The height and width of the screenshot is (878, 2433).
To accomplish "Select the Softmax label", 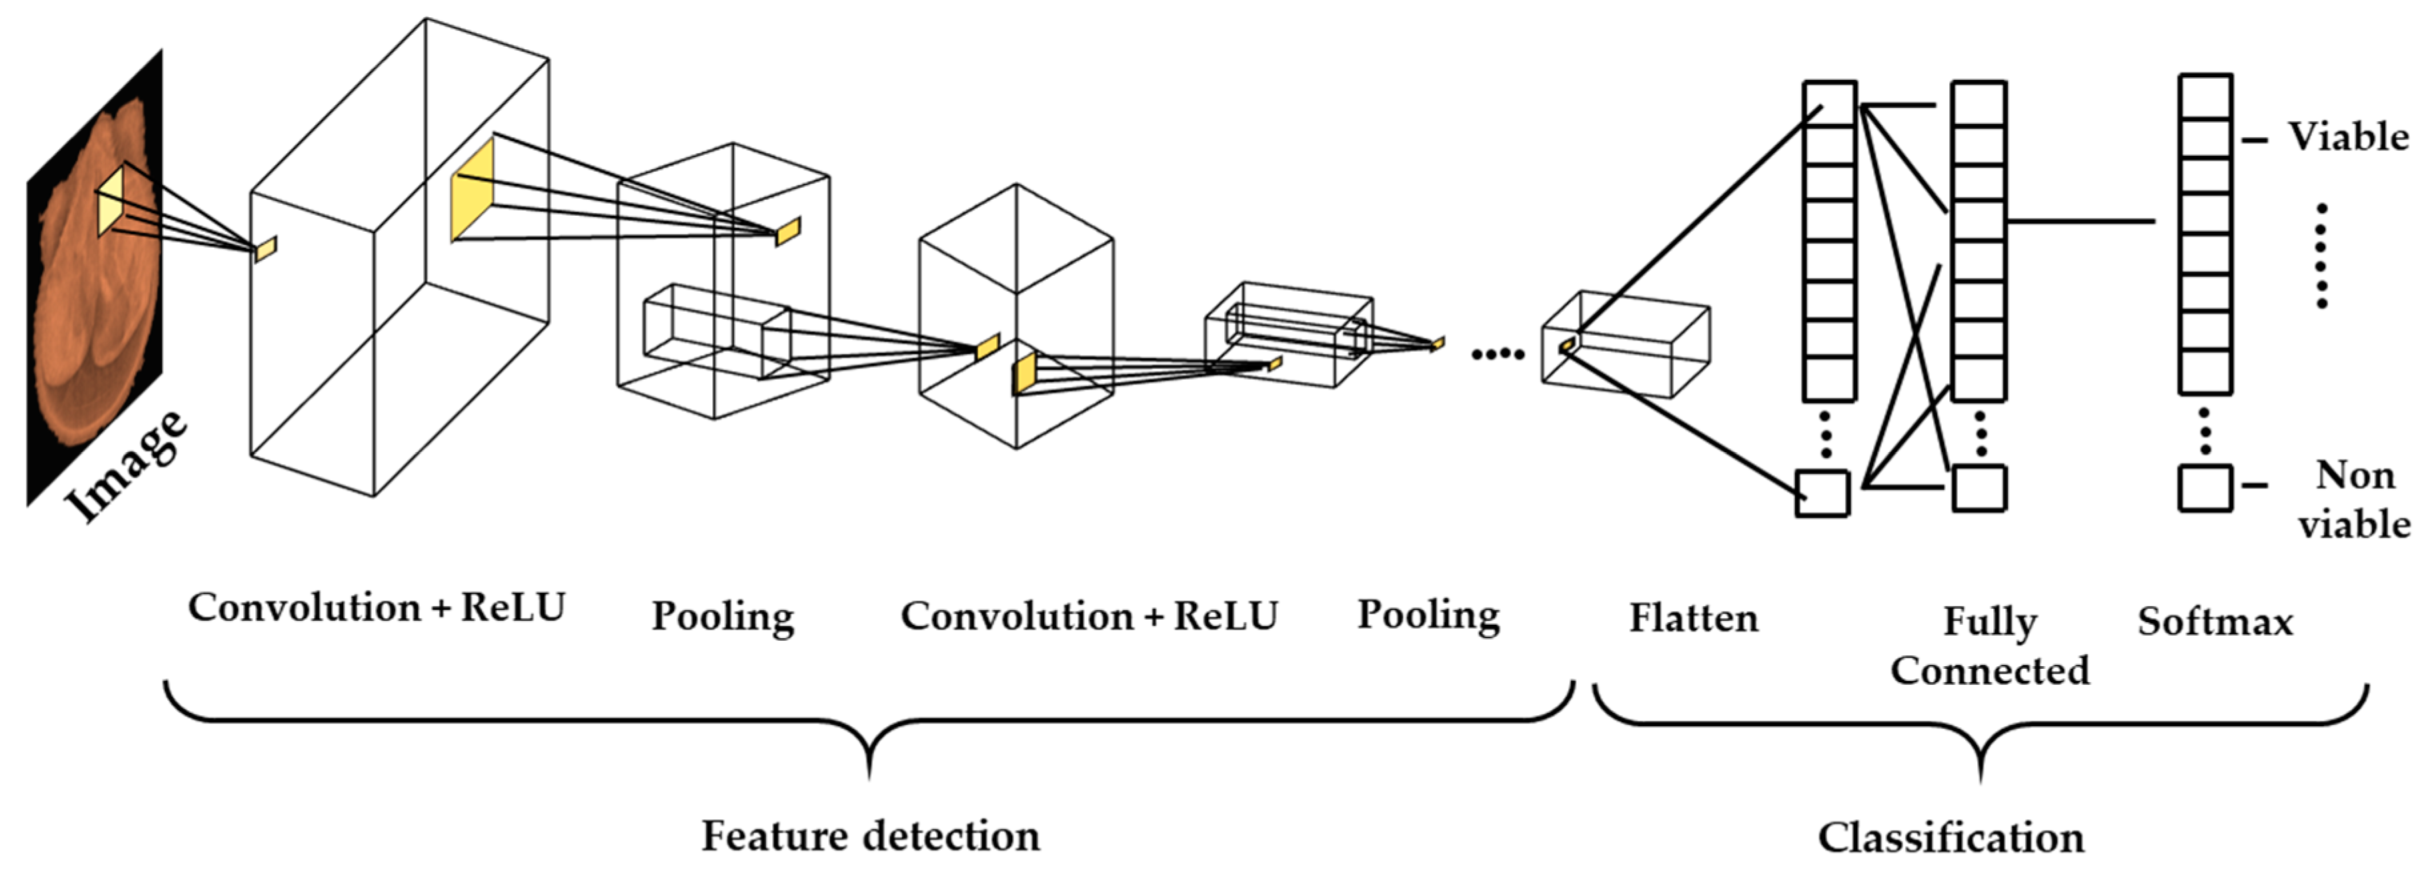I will (x=2215, y=622).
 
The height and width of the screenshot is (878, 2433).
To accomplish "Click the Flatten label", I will (x=1693, y=618).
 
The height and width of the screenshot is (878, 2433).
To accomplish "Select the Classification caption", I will (x=1951, y=837).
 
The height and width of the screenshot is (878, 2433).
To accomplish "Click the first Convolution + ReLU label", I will (x=376, y=607).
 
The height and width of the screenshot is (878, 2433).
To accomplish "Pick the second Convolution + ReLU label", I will (x=1088, y=616).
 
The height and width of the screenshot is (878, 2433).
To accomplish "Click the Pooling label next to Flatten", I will (x=1428, y=615).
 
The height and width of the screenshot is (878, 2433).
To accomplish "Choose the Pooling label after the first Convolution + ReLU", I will (x=722, y=616).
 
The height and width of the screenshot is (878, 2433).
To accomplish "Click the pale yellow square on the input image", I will (x=111, y=202).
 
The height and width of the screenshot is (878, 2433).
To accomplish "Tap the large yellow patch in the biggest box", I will (x=472, y=190).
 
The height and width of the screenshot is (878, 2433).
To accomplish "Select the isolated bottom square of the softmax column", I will (x=2205, y=488).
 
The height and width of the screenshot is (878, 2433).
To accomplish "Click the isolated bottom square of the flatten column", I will (x=1822, y=494).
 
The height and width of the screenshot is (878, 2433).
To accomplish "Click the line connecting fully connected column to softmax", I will (x=2080, y=222).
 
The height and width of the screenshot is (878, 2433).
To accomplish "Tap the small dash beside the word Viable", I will (x=2254, y=140).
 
